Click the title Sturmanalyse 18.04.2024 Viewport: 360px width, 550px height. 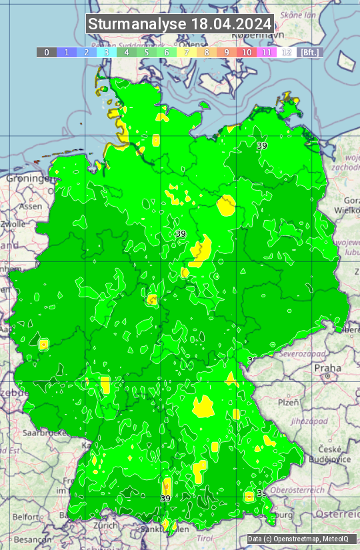(180, 24)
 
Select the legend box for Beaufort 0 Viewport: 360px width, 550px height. (46, 52)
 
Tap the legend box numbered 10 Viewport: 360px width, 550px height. (247, 52)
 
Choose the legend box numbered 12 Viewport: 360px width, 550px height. (287, 52)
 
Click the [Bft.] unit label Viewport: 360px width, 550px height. (310, 52)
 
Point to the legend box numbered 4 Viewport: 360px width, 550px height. (127, 52)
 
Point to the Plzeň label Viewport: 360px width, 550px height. (288, 402)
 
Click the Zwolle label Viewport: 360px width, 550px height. (13, 224)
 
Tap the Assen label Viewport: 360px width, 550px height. (29, 207)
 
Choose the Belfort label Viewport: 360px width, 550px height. (25, 517)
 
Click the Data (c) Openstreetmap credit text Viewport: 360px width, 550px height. (301, 539)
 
